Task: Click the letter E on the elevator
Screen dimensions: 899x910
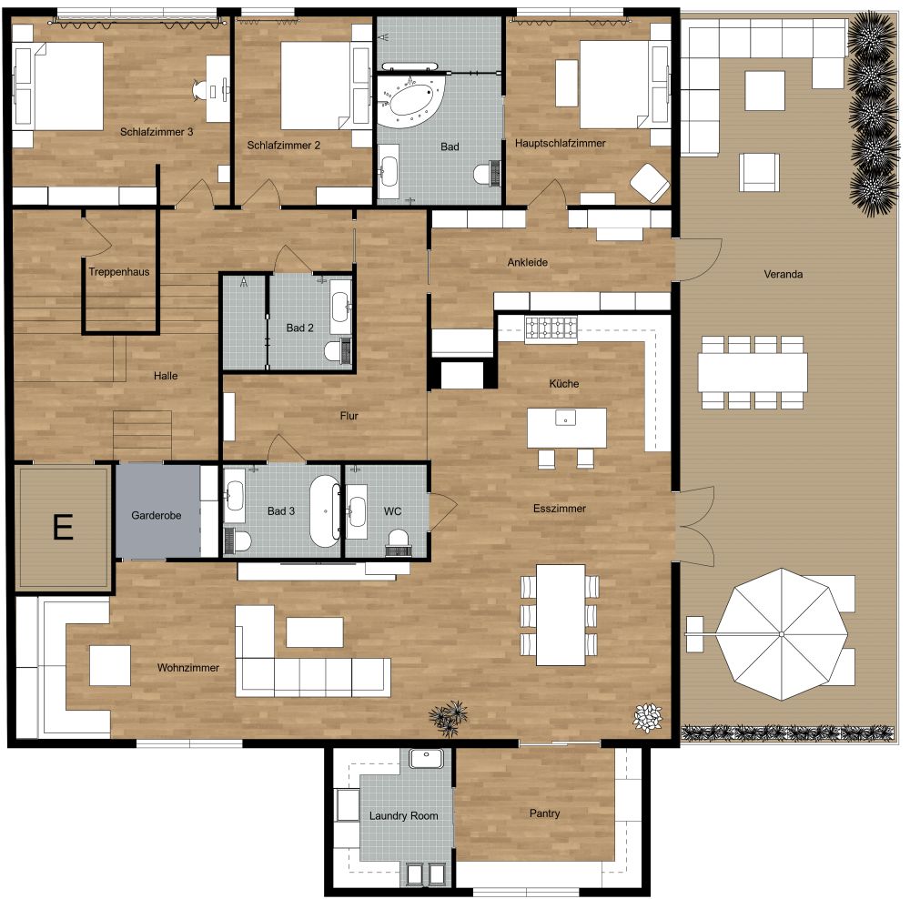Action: (62, 527)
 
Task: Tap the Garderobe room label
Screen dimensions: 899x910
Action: (157, 515)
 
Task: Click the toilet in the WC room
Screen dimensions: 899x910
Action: (398, 543)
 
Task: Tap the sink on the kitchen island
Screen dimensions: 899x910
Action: (566, 419)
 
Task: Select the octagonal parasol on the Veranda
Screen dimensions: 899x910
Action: (780, 633)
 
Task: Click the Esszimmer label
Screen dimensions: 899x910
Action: (560, 509)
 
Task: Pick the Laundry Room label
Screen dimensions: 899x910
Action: (403, 815)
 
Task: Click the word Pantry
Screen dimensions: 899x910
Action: (544, 813)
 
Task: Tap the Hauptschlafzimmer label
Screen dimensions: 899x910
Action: (560, 143)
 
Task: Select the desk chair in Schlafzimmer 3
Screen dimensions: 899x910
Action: (201, 89)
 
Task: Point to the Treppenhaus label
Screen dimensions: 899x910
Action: (119, 271)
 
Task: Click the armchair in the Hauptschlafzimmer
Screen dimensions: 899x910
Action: (651, 182)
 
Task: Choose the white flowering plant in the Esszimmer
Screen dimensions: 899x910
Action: (647, 718)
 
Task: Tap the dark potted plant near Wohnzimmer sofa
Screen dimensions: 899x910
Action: (450, 718)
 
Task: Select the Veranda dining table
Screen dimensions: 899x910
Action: (753, 371)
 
